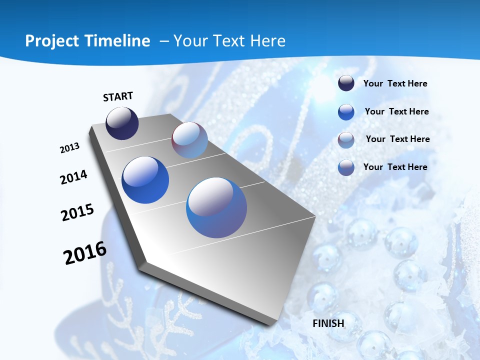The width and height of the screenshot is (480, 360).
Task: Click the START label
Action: point(118,96)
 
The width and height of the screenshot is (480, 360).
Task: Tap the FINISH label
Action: point(328,323)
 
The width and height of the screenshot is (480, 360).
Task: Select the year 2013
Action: point(69,147)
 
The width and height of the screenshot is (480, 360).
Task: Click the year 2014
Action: point(73,177)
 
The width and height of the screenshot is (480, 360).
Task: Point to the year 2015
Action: point(77,212)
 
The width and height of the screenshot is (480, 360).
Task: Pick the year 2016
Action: point(85,252)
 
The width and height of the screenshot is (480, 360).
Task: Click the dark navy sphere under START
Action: point(122,123)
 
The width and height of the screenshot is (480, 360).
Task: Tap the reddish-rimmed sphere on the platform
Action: point(189,140)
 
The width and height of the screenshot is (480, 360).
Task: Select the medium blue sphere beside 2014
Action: point(145,179)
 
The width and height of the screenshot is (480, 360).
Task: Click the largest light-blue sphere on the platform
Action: point(216,207)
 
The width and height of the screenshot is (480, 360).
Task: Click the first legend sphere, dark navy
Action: point(346,83)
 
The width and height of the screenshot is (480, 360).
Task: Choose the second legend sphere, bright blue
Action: point(346,111)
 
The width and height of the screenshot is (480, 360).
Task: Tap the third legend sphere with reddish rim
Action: point(346,139)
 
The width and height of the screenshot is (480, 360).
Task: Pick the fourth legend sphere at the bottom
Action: point(346,167)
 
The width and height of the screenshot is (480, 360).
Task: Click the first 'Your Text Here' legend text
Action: point(395,83)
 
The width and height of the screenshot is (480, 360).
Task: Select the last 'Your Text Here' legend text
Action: point(395,167)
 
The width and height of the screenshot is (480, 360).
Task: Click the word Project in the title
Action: point(49,41)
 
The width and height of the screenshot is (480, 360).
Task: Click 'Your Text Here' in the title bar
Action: point(229,41)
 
